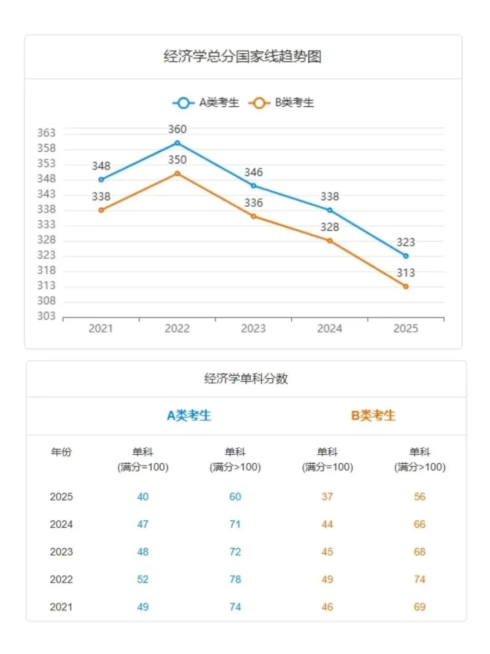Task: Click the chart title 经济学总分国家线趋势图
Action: point(243,57)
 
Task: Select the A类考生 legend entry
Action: point(206,103)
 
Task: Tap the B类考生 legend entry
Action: point(282,103)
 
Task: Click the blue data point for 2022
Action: point(177,143)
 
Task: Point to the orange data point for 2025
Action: point(406,287)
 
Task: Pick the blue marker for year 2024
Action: point(330,210)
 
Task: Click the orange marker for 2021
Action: point(101,210)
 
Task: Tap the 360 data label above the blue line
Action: point(177,129)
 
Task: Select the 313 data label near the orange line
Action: point(406,273)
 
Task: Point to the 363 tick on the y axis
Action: point(46,133)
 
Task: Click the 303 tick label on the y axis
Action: point(46,316)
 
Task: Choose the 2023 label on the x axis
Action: point(253,328)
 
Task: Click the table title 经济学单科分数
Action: point(246,378)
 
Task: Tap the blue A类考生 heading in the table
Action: point(189,415)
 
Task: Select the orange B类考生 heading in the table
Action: point(373,415)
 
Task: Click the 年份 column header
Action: point(61,452)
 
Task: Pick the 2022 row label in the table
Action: point(61,579)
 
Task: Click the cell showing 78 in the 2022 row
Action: point(235,579)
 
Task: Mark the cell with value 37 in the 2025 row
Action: point(327,496)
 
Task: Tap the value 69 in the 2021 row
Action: point(420,607)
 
